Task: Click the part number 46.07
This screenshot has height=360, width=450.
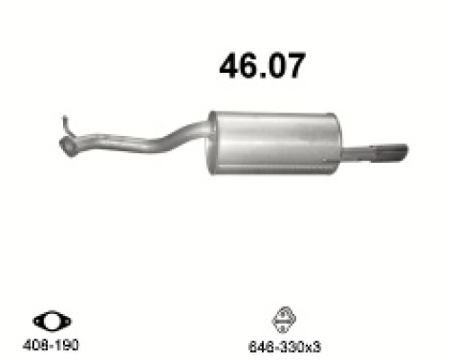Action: [x=262, y=66]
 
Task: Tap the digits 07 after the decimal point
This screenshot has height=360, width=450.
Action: [x=285, y=66]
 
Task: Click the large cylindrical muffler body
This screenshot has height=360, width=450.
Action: [x=275, y=140]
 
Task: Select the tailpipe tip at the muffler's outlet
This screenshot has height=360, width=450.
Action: [x=389, y=153]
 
